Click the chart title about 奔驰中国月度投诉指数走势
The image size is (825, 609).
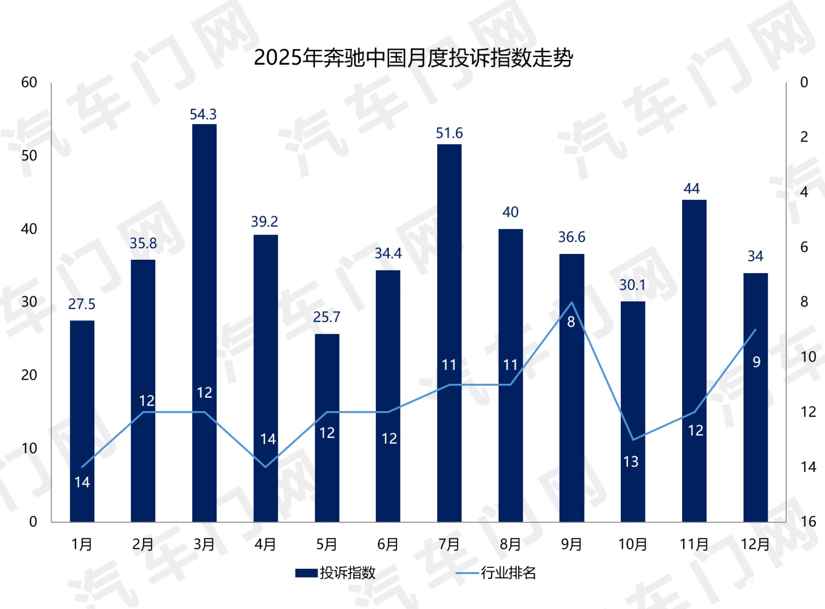413,58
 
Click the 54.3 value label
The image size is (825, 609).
203,114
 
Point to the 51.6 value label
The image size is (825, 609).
449,133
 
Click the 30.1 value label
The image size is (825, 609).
632,285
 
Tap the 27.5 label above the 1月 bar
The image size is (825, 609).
81,304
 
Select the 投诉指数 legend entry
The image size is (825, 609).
336,573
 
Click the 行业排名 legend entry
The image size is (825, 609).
496,573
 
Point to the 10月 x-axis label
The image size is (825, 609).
633,544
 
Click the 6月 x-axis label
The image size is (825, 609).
388,544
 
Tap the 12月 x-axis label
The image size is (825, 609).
755,544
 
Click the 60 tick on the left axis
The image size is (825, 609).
29,82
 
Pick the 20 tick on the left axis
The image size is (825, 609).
29,375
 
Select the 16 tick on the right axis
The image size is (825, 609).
808,521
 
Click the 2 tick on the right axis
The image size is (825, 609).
804,137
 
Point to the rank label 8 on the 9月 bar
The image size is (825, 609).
571,322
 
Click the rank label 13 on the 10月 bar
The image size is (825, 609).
631,462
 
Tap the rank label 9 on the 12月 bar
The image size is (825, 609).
756,362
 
